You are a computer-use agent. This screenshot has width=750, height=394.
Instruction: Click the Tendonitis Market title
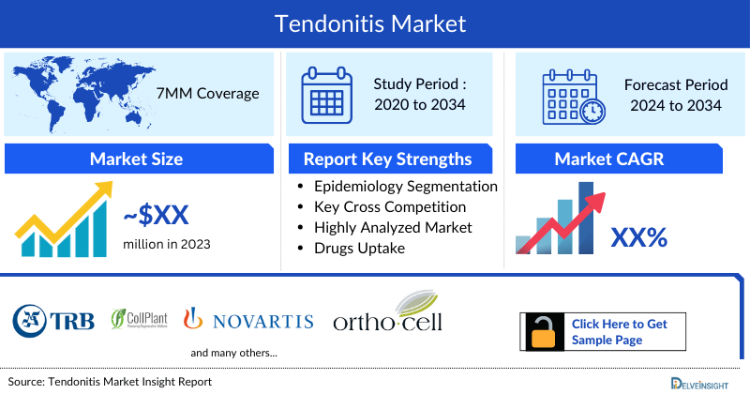click(x=375, y=22)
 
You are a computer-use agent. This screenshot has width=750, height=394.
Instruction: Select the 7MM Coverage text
click(x=207, y=94)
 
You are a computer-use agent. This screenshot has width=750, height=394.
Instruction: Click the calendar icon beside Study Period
click(x=325, y=94)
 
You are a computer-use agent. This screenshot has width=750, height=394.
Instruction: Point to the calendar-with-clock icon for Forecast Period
click(x=572, y=94)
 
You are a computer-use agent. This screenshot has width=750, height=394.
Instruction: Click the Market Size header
click(x=136, y=159)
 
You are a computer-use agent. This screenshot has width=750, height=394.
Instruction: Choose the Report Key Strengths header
click(x=388, y=159)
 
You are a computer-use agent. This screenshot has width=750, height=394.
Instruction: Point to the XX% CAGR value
click(x=638, y=237)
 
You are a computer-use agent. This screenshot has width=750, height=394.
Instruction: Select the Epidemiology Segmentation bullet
click(x=406, y=187)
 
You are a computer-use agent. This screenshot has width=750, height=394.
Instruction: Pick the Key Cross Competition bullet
click(x=390, y=207)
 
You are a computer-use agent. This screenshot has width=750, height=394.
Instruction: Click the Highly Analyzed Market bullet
click(x=393, y=227)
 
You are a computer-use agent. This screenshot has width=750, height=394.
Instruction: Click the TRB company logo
click(x=54, y=320)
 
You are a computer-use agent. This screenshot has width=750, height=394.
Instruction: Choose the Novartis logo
click(x=248, y=320)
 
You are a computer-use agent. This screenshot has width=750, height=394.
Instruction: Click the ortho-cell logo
click(x=387, y=314)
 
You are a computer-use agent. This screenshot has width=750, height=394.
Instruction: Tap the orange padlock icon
click(x=543, y=331)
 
